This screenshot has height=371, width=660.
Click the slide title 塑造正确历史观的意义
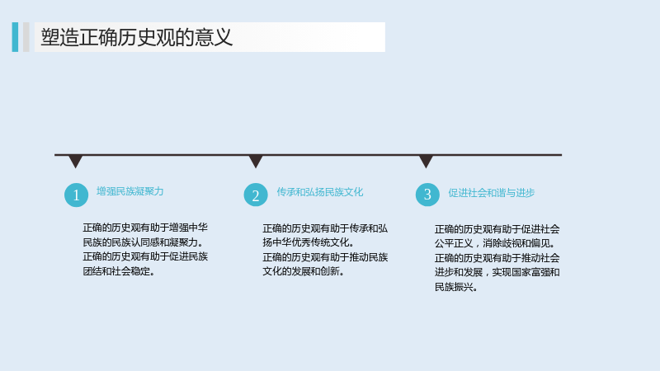(x=136, y=37)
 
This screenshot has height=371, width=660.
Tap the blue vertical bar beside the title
(x=15, y=37)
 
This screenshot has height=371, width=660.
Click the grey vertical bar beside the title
(x=26, y=37)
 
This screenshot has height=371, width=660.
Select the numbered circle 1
(x=76, y=195)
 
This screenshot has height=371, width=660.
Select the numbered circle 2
(x=256, y=195)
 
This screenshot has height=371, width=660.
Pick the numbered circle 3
(x=427, y=195)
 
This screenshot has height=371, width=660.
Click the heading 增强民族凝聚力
(x=130, y=191)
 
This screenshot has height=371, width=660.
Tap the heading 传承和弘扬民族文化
(x=319, y=192)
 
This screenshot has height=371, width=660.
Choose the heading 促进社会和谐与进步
(x=491, y=193)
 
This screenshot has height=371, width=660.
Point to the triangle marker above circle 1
(x=76, y=161)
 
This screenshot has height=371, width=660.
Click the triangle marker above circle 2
(x=256, y=161)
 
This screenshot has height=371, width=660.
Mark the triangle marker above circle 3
(x=426, y=161)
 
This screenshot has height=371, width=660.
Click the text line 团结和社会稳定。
(x=119, y=271)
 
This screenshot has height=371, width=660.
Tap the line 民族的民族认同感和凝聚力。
(x=143, y=242)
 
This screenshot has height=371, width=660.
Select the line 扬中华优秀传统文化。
(x=309, y=242)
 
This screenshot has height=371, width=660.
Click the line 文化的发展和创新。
(x=304, y=271)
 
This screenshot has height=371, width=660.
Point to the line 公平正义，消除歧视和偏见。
(x=495, y=243)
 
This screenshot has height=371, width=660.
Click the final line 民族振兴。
(x=456, y=287)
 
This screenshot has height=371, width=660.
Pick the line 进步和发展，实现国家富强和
(x=497, y=272)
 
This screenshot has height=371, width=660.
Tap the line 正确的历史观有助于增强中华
(x=145, y=228)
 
